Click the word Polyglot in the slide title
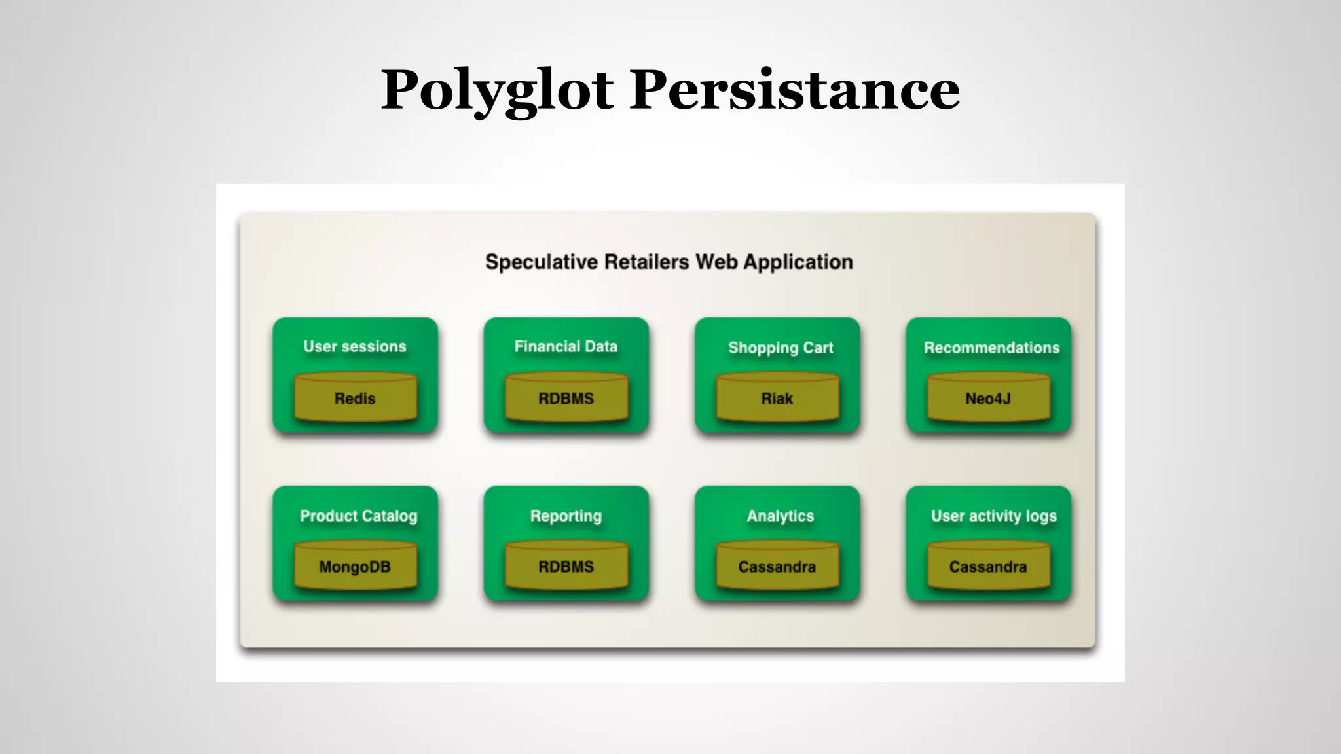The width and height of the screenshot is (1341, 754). click(498, 90)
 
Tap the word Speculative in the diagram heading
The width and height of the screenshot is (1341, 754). click(542, 262)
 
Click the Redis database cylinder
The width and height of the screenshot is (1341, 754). click(356, 397)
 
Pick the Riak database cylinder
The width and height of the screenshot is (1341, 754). click(777, 397)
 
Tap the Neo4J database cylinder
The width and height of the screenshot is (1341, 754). click(989, 397)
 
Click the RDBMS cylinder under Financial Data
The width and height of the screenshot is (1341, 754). click(566, 397)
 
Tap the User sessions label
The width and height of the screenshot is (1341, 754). click(355, 346)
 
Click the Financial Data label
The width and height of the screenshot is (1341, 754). click(566, 346)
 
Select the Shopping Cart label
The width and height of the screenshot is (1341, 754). click(781, 348)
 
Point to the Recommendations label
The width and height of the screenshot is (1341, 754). click(991, 348)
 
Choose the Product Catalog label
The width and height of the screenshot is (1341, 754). click(358, 516)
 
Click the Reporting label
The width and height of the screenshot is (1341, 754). click(566, 516)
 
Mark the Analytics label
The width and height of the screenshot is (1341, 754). click(781, 516)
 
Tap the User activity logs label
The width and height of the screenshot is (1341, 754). click(994, 516)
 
